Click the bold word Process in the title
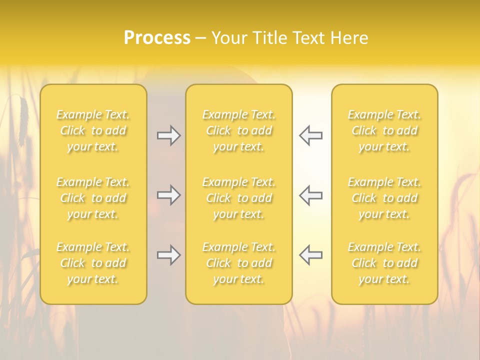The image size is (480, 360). point(157,38)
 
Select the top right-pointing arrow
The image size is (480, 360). point(168,135)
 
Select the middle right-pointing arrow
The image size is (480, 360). point(168,195)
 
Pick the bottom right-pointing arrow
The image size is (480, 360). point(168,255)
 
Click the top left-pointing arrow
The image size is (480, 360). point(310,135)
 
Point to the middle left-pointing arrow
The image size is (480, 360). point(310,195)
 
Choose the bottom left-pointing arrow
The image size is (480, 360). point(310,255)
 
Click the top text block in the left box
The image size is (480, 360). point(93,130)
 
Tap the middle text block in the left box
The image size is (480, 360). point(93,198)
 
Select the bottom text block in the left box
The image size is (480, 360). point(93,263)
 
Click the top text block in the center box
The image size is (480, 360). point(238,130)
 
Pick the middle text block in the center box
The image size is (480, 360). point(238,198)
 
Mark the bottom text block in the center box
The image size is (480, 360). point(238,263)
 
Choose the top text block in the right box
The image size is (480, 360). point(384,130)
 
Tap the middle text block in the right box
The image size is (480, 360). point(384,198)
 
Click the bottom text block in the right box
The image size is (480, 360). point(384,263)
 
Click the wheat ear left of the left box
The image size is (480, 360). point(23,120)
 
